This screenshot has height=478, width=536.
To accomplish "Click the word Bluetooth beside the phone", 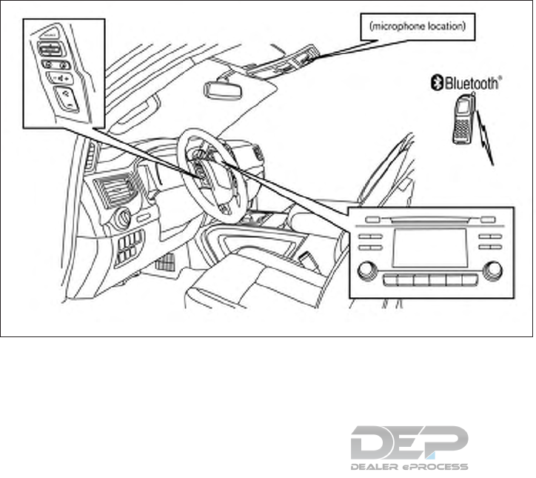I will tap(471, 84).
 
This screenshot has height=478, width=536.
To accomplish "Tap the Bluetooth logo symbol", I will tap(438, 84).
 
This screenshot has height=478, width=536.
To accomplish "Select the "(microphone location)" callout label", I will tap(417, 27).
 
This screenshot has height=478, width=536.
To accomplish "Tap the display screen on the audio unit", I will tap(429, 248).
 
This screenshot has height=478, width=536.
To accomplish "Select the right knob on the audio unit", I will tap(490, 270).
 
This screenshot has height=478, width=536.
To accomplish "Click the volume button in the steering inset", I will tap(59, 76).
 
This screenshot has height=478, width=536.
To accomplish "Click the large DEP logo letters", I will tap(409, 442).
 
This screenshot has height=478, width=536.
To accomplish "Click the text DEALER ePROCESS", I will tap(409, 467).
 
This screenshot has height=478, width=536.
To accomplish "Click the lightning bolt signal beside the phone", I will tap(486, 137).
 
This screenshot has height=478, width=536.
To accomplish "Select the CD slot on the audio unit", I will tap(429, 219).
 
